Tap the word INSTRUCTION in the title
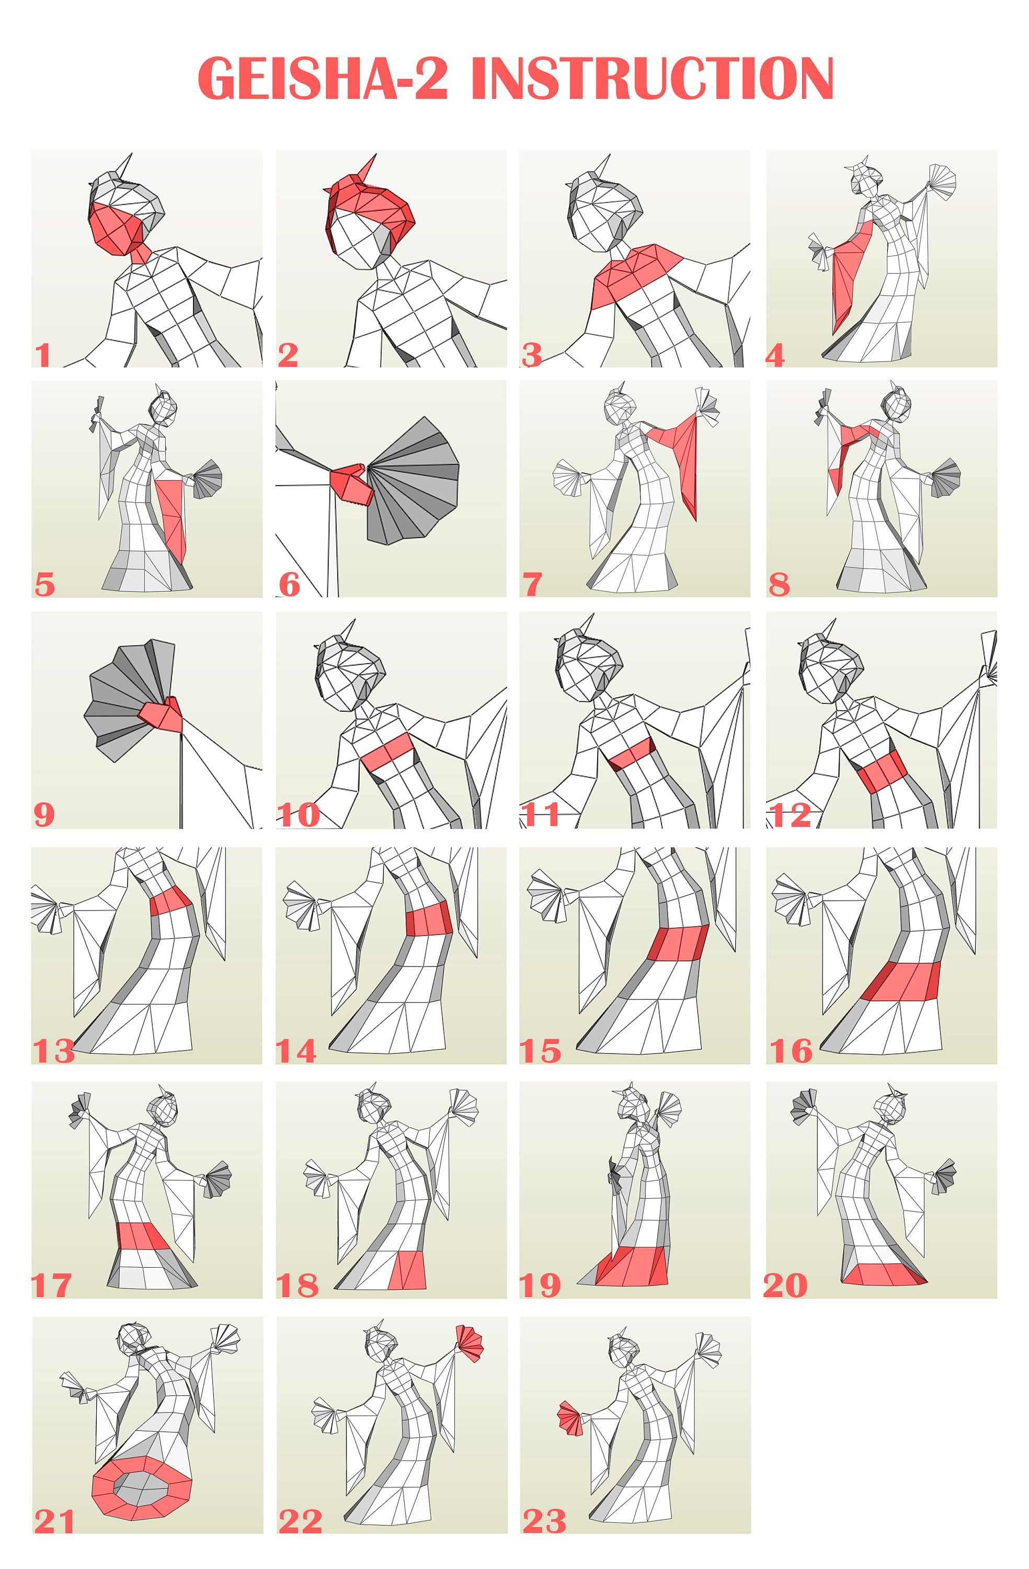[x=653, y=78]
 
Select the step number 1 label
[x=43, y=355]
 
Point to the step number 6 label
[x=289, y=585]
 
